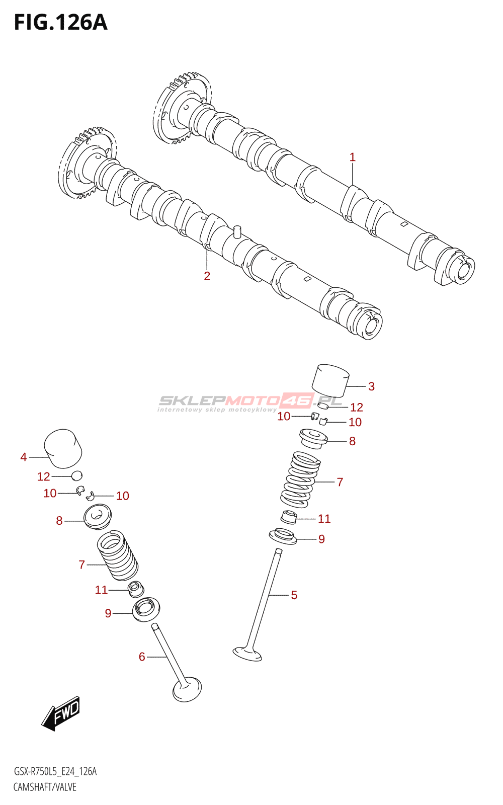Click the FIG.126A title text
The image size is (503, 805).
tap(60, 23)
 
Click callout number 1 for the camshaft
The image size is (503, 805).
tap(352, 157)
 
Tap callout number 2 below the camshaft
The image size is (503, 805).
tap(207, 276)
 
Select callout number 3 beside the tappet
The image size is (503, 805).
tap(371, 386)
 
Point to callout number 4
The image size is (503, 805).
tap(24, 457)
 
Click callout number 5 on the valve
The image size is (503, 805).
tap(294, 595)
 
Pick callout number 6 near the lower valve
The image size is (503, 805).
tap(142, 657)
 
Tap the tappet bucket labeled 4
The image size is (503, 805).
tap(63, 448)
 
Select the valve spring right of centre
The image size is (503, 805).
tap(301, 479)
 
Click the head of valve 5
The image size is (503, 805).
tap(247, 654)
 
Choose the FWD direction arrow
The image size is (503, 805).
tap(61, 713)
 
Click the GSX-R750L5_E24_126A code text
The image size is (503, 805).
tap(55, 771)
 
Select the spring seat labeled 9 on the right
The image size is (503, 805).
tap(283, 536)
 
